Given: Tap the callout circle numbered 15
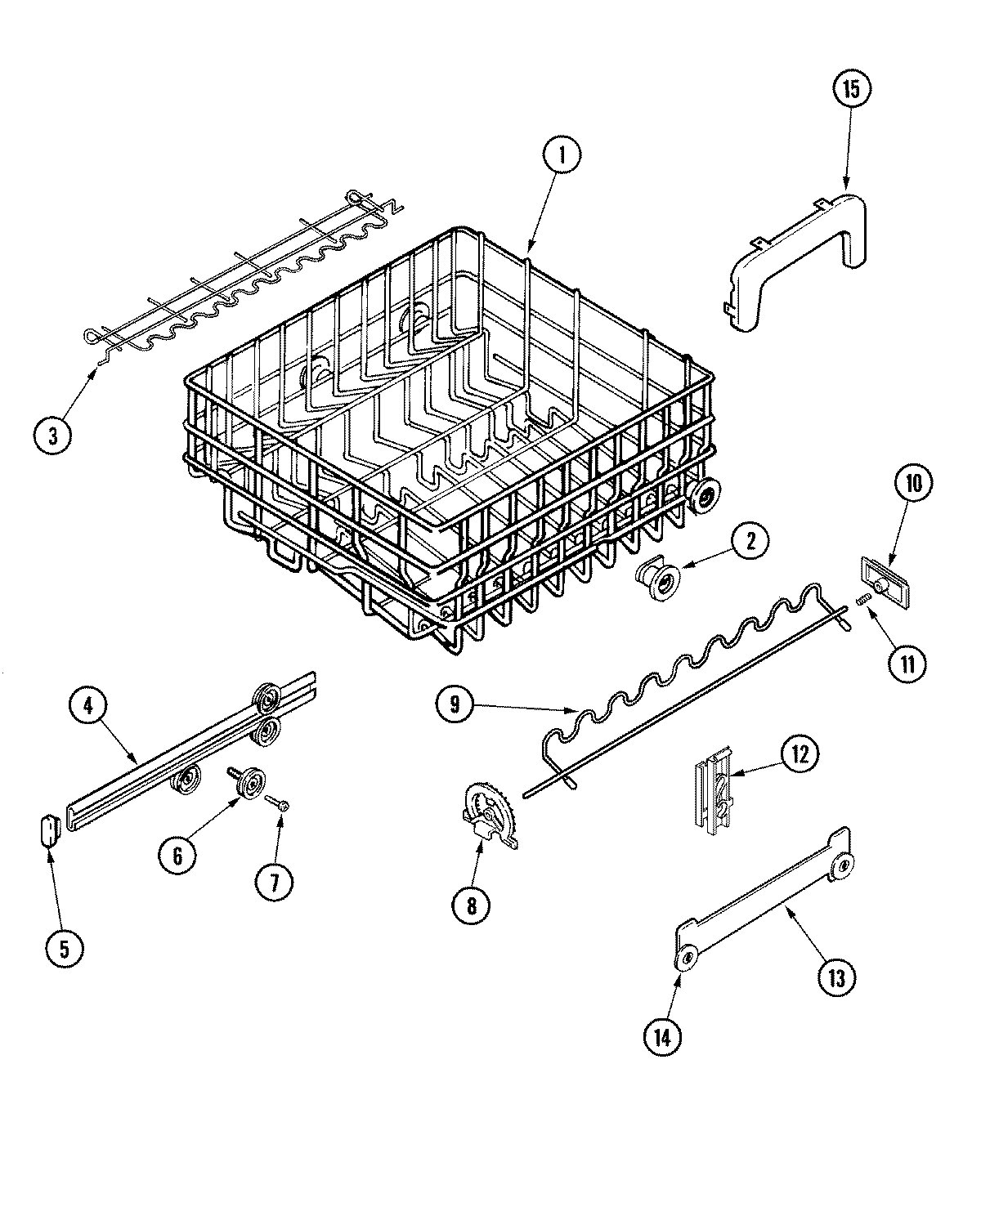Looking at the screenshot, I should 851,90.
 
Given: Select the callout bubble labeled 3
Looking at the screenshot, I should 53,436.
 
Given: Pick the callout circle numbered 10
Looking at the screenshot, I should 913,484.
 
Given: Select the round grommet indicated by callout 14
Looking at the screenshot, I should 687,959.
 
